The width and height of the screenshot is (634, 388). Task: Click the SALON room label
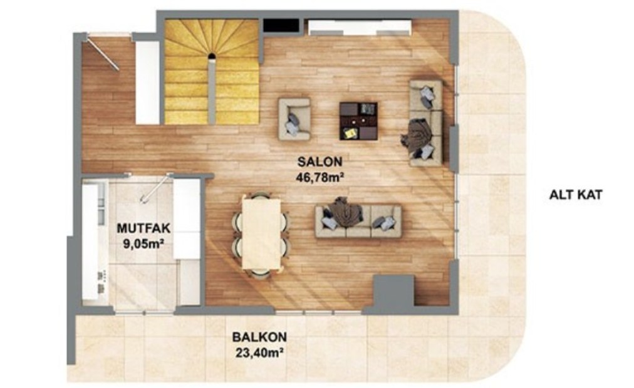tap(320, 161)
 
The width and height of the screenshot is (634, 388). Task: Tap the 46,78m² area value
tap(320, 177)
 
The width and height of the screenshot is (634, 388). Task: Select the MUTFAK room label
tap(143, 228)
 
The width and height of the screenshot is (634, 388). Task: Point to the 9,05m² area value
tap(143, 244)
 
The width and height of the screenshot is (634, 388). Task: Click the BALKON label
tap(259, 337)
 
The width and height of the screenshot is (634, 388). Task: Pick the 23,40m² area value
tap(259, 354)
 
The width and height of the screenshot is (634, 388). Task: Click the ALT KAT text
tap(576, 195)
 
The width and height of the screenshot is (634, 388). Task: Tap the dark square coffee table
tap(358, 121)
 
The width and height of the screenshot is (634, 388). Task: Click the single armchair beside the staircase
tap(294, 119)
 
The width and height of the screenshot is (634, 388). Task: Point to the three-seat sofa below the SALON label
tap(358, 222)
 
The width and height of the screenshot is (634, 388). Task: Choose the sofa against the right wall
tap(426, 123)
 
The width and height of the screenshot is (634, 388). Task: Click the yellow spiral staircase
tap(212, 72)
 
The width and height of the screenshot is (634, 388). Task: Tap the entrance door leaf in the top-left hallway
tap(103, 54)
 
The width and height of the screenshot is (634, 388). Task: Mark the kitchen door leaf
tap(155, 188)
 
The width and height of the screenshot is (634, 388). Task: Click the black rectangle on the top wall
tap(281, 26)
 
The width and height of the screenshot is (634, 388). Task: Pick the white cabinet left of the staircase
tap(147, 83)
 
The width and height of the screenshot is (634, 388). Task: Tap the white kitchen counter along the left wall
tap(95, 242)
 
